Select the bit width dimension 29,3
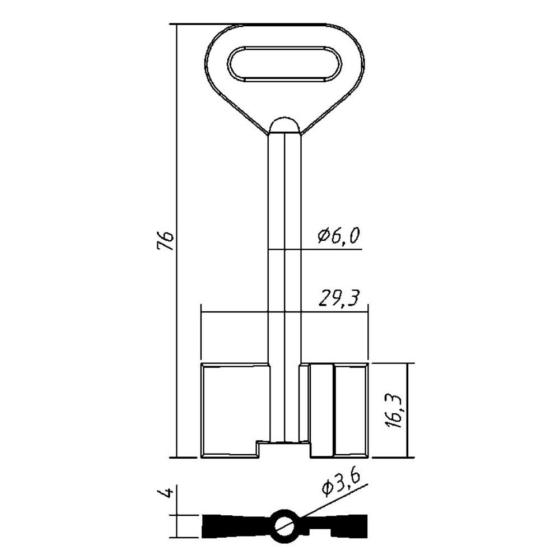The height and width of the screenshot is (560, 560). [338, 298]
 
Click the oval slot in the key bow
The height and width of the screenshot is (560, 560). [285, 64]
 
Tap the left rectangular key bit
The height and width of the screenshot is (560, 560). [235, 410]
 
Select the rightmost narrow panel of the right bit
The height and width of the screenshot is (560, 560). [352, 410]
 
